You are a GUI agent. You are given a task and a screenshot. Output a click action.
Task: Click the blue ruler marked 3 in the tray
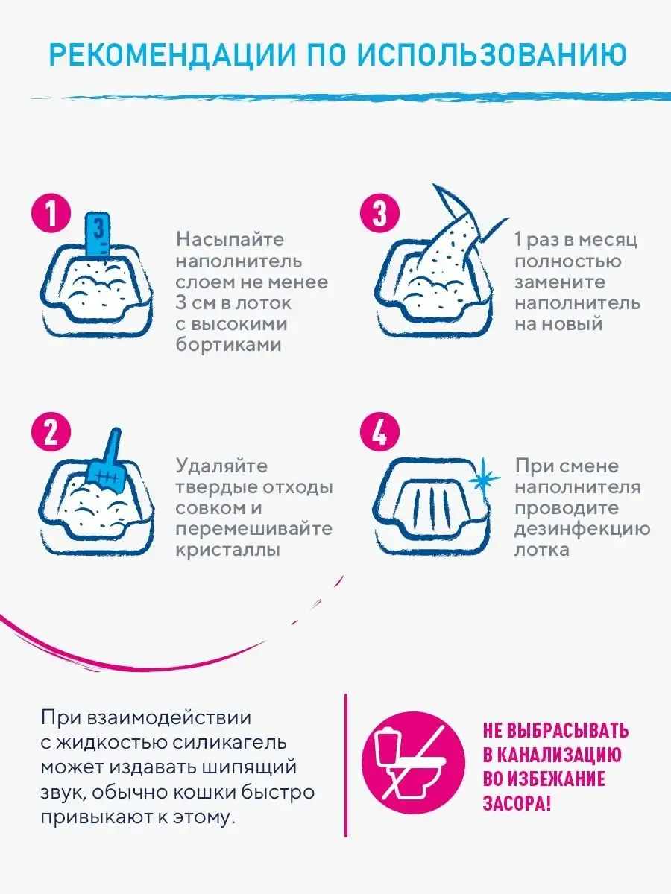[98, 235]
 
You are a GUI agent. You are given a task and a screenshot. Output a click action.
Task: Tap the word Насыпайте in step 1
[230, 241]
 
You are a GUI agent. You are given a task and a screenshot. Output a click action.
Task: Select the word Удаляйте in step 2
[221, 466]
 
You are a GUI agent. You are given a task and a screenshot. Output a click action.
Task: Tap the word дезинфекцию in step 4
[582, 529]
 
